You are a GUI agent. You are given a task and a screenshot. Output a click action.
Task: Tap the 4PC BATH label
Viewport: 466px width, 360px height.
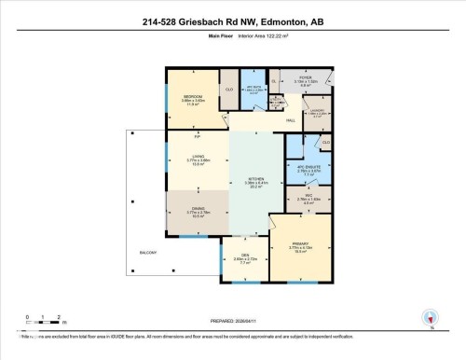point(254,88)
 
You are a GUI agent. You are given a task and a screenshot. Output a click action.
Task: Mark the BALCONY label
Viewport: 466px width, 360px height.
point(149,253)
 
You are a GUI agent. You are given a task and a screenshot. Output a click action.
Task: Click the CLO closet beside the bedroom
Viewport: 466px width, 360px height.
point(228,90)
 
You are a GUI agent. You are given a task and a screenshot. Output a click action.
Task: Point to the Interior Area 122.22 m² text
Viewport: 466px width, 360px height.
point(264,37)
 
